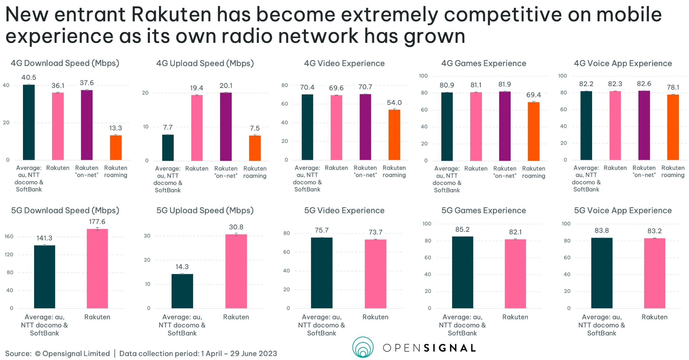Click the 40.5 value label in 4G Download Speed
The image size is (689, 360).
29,78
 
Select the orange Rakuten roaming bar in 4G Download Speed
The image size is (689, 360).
116,148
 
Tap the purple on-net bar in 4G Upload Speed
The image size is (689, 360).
226,126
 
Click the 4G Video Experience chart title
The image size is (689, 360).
344,64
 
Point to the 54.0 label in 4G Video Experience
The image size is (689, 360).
394,103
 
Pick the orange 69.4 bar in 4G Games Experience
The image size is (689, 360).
533,131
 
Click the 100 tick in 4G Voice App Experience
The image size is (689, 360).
562,76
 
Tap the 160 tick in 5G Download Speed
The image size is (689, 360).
9,237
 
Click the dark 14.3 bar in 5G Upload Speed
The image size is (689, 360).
182,291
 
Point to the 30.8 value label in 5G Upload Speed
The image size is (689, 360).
236,227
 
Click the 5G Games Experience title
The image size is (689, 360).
483,211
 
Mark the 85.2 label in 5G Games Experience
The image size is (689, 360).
462,229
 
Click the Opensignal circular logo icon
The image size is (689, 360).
363,347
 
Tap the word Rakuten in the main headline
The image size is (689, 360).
171,15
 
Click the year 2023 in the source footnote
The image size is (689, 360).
268,354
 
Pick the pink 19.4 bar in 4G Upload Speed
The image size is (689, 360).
197,128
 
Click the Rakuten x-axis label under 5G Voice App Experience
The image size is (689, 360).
654,317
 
